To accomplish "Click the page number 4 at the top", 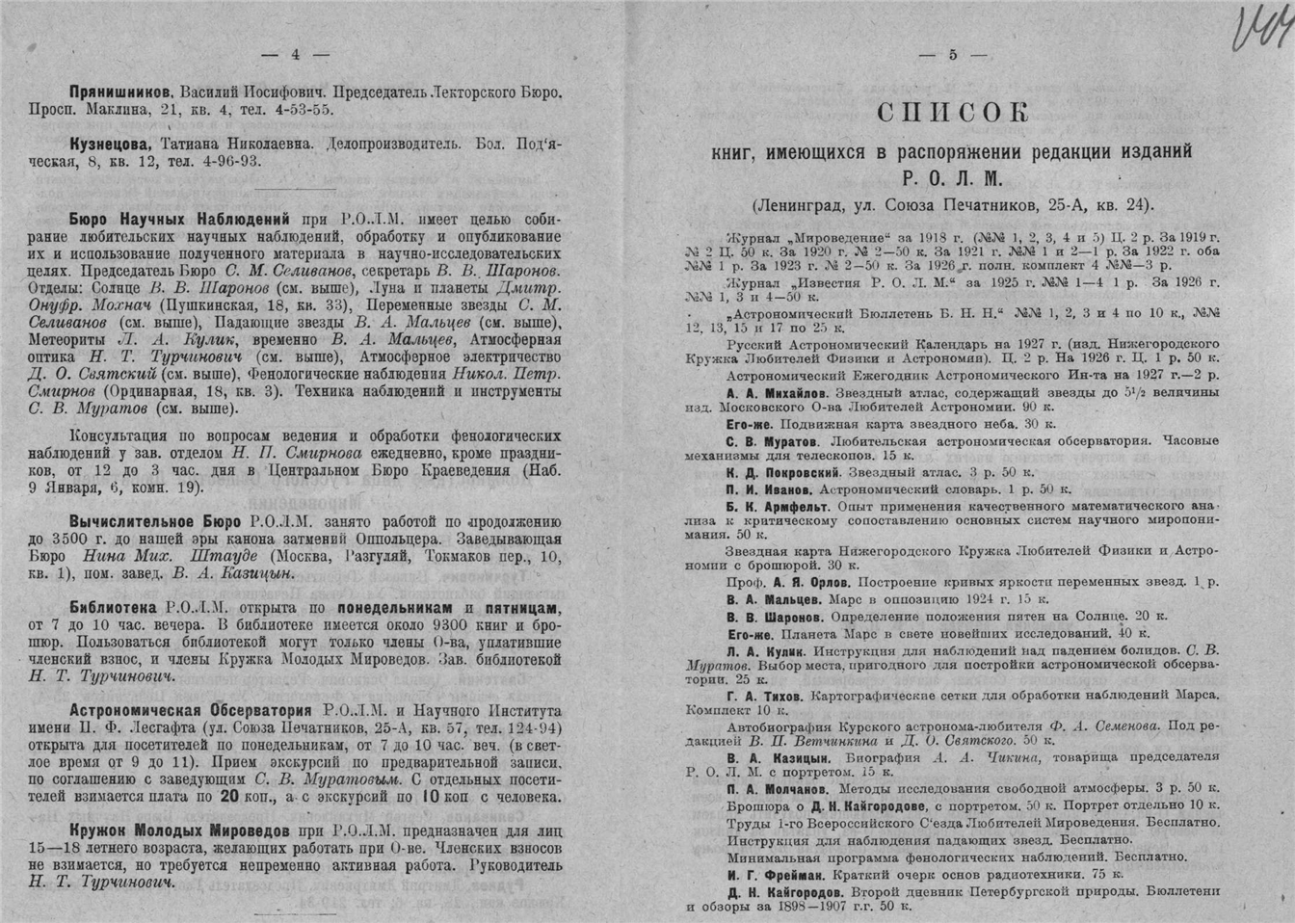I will tap(297, 54).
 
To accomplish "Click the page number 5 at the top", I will tap(952, 55).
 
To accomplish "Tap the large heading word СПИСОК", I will tap(952, 113).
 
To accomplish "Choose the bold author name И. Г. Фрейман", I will tap(774, 874).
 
